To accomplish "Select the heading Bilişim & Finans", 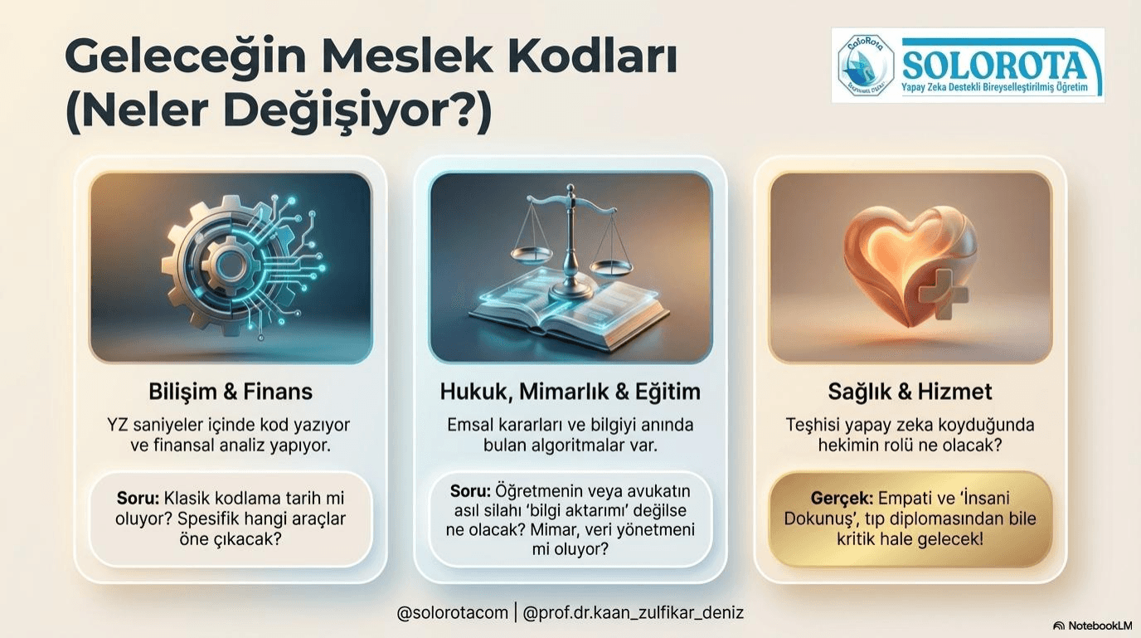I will coord(231,392).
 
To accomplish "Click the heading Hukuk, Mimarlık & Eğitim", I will coord(570,392).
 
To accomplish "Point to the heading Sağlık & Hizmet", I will coord(910,392).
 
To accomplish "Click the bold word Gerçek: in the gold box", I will coord(841,499).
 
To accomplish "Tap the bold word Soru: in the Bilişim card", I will coord(138,499).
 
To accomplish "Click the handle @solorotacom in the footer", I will coord(452,613).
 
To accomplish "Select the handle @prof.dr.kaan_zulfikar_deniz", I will coord(634,613).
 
